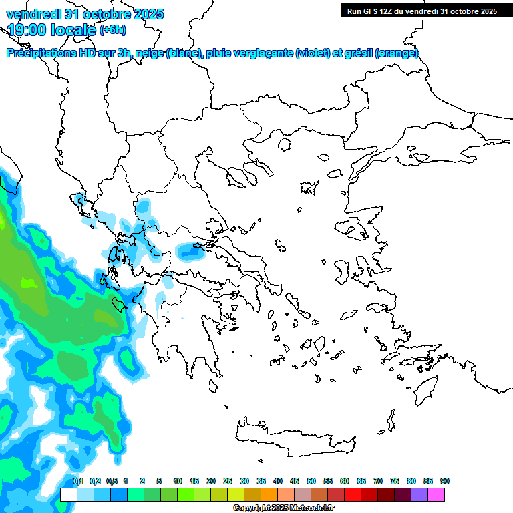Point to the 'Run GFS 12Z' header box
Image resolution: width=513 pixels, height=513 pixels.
(421, 11)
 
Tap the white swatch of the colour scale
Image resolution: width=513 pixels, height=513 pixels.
(68, 495)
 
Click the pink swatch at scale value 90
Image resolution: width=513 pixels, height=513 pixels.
(436, 495)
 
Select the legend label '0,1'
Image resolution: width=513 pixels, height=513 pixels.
(78, 482)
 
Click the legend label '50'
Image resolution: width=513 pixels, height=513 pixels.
(311, 482)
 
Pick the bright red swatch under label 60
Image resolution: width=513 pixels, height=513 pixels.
(353, 495)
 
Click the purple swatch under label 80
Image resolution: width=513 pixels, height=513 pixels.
(419, 495)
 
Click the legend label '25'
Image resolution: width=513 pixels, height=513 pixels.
(228, 482)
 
